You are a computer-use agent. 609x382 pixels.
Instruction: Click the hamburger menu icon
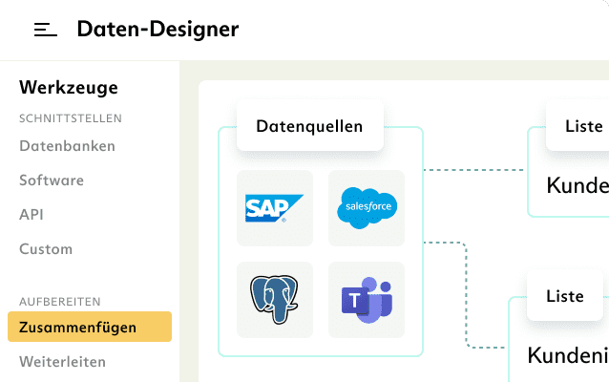(x=46, y=30)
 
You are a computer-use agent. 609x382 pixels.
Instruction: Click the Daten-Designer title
(x=157, y=30)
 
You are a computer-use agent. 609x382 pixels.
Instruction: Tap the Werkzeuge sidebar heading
(x=69, y=88)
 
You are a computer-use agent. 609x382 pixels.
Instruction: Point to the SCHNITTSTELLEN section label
(x=71, y=118)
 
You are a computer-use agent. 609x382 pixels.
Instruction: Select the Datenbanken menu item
(x=67, y=146)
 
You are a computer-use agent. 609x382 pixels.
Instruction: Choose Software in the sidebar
(x=52, y=180)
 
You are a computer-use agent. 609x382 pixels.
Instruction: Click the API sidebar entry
(x=31, y=215)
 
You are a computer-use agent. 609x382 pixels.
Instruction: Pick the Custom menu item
(x=46, y=249)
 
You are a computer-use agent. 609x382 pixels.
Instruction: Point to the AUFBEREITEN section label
(x=60, y=302)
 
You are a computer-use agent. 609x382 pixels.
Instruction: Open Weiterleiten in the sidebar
(x=62, y=362)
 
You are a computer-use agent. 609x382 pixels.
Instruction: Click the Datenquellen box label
(x=309, y=126)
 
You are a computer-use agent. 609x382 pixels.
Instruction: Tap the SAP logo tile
(x=275, y=208)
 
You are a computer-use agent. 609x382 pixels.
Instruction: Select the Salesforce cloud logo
(x=367, y=208)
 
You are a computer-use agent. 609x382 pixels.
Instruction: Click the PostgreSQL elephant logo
(x=275, y=300)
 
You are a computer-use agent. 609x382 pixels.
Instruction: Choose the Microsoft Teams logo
(x=367, y=300)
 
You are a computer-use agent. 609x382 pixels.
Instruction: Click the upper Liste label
(x=583, y=126)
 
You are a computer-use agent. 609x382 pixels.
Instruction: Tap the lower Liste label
(x=565, y=296)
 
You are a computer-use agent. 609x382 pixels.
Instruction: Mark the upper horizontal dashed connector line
(x=474, y=171)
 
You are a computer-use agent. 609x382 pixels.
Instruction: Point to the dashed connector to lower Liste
(x=467, y=296)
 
